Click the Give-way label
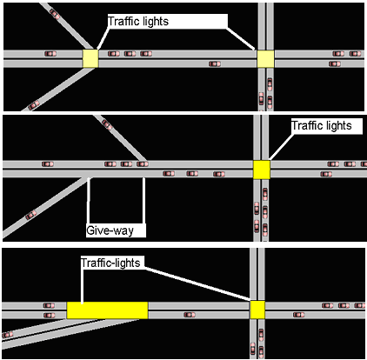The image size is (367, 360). click(110, 230)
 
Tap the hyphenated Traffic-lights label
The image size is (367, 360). click(110, 263)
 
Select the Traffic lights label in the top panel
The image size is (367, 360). click(138, 22)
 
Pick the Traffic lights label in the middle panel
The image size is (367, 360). click(322, 126)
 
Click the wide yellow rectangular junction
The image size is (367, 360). click(107, 310)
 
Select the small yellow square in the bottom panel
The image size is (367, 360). click(257, 310)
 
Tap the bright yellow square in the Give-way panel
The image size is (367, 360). click(262, 170)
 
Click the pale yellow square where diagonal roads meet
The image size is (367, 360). click(90, 58)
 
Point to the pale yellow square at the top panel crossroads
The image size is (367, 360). click(265, 59)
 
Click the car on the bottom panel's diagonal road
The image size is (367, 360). click(7, 335)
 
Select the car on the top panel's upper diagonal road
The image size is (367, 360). click(54, 14)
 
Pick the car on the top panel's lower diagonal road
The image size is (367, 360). click(34, 104)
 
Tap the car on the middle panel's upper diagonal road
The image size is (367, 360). click(107, 124)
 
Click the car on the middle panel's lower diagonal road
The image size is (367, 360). click(31, 215)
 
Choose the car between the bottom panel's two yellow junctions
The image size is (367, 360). click(190, 315)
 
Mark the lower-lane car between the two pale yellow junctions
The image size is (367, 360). click(215, 63)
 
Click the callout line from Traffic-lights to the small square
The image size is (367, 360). click(197, 283)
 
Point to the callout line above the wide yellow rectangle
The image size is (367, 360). click(83, 286)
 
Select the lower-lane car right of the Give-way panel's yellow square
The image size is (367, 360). click(326, 174)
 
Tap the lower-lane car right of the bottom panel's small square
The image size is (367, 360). click(298, 315)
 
